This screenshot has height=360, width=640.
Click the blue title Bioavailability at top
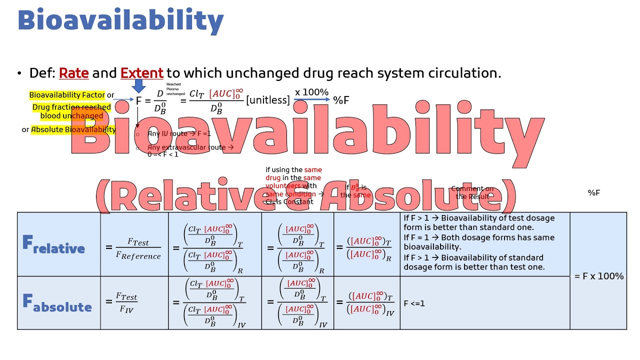point(120,21)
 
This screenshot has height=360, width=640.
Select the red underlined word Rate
point(73,73)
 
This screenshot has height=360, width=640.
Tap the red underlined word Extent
point(141,73)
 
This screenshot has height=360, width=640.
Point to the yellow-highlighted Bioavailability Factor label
point(67,95)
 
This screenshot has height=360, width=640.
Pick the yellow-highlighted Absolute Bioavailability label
point(73,129)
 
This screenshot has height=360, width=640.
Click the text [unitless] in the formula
point(267,100)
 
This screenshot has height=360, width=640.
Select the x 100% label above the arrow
point(311,92)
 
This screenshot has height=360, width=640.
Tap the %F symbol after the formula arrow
point(341,100)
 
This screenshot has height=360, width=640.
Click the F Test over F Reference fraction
point(137,248)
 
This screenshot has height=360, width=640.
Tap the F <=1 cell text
point(414,303)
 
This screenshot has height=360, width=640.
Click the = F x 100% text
point(598,276)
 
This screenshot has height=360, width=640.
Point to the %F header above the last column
point(593,192)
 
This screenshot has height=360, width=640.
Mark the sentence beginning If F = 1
point(478,242)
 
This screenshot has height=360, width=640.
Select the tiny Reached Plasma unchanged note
point(174,89)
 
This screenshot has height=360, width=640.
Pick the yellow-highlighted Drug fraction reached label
point(71,111)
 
